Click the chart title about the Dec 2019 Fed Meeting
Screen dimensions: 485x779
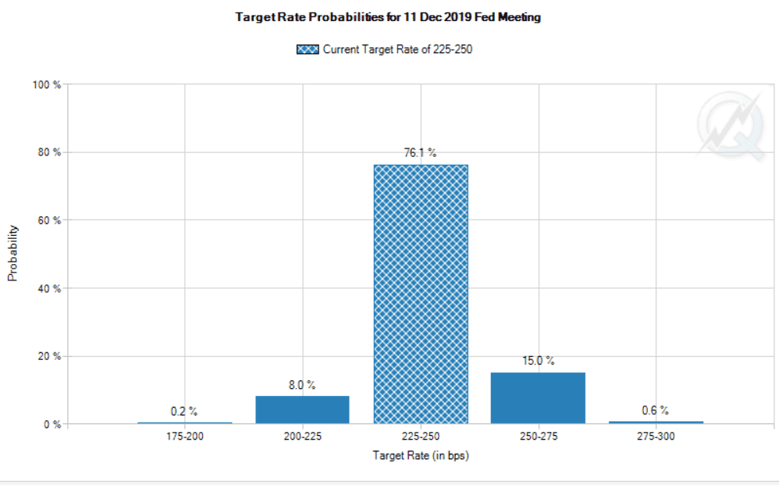(x=388, y=17)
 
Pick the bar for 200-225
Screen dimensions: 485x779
(x=303, y=409)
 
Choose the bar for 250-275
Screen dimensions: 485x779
(x=538, y=398)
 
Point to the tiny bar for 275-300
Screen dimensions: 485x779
(x=656, y=422)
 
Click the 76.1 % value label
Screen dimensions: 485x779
(x=420, y=153)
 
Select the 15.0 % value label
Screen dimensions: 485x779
(x=538, y=361)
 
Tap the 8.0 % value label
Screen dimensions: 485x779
(x=303, y=385)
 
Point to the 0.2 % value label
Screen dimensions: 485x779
(x=185, y=411)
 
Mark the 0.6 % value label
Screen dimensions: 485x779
(x=656, y=410)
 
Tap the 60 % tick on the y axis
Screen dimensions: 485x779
(x=49, y=220)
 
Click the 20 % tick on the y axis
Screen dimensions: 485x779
(x=49, y=356)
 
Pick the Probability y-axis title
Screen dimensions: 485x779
(x=13, y=253)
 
